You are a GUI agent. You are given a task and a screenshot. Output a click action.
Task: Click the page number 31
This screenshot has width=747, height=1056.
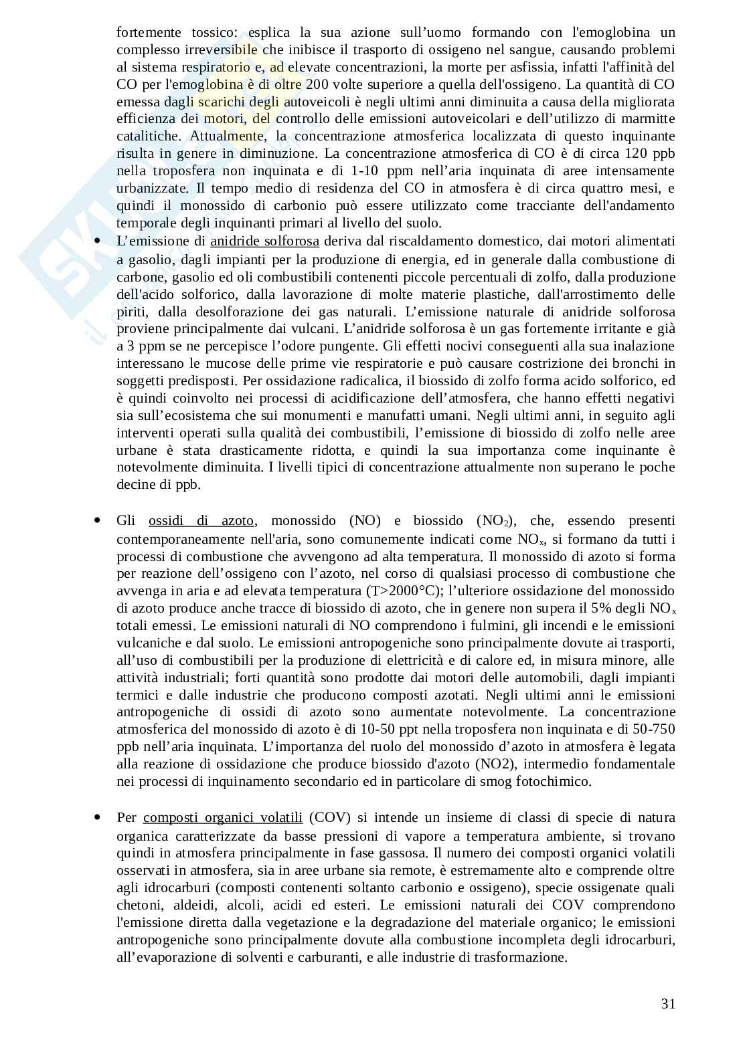[667, 1003]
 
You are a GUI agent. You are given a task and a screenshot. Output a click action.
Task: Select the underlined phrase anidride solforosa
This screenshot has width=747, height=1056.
[264, 241]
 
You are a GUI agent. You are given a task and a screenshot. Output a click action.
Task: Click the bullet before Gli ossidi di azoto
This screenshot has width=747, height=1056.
[98, 520]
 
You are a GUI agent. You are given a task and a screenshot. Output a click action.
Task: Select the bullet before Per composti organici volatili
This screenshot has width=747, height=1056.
[98, 817]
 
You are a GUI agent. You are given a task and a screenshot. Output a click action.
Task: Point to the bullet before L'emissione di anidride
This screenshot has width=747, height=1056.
[98, 241]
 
